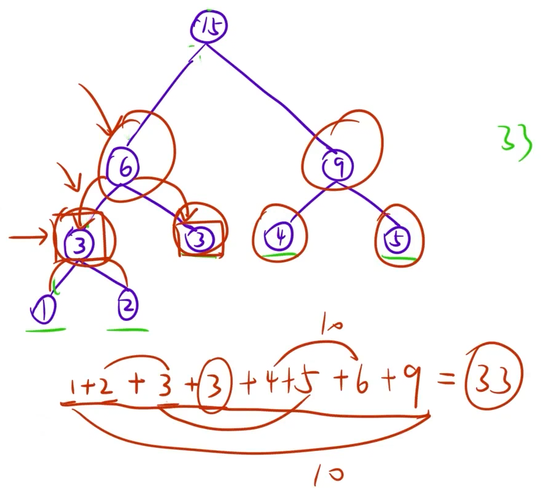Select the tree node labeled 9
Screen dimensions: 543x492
336,164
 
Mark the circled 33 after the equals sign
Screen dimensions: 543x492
493,381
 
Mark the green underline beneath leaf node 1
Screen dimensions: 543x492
45,330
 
